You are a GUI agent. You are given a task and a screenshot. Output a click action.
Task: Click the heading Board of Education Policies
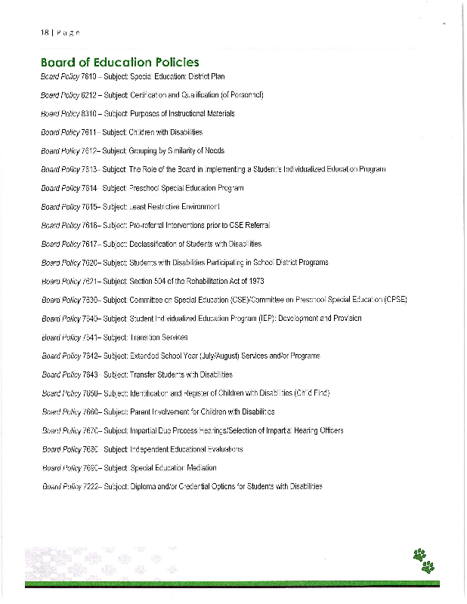coord(119,62)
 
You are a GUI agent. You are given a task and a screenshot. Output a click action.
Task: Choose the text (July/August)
coord(219,356)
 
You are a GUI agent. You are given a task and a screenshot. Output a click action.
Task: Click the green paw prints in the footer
coord(425,560)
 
